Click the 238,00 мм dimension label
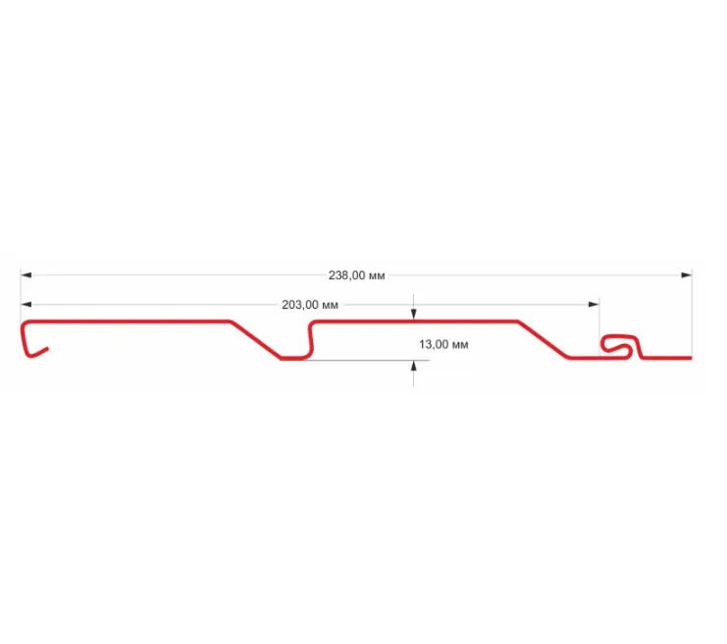click(356, 276)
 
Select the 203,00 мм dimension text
click(310, 305)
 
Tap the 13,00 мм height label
click(442, 344)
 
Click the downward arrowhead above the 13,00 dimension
click(414, 315)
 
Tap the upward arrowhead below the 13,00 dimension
click(414, 366)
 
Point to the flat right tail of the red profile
click(672, 358)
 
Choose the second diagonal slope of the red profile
click(543, 339)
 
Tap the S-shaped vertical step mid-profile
click(310, 339)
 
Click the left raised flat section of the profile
click(128, 322)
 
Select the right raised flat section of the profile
click(412, 322)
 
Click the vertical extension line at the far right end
click(692, 314)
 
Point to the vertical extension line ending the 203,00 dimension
click(599, 319)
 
